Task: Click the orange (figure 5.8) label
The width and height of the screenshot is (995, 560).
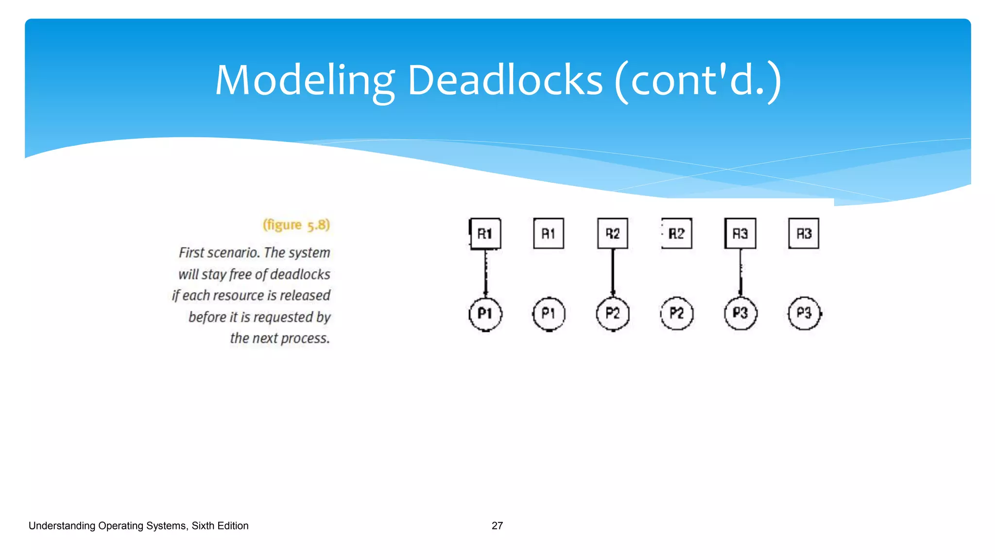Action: [296, 225]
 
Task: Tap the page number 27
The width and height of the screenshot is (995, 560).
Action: [497, 525]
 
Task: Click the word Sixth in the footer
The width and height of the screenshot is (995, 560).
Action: [203, 525]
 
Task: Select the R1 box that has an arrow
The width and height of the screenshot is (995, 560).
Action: [485, 234]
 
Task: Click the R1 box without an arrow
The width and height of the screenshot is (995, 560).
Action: [549, 234]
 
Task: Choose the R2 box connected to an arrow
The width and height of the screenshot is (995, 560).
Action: [613, 234]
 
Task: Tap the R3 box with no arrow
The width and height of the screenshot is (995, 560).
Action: [804, 234]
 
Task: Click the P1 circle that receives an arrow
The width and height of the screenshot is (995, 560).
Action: [485, 314]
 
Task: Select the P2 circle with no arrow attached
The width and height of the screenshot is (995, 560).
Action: [677, 314]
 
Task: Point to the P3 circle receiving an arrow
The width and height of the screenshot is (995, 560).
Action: [740, 314]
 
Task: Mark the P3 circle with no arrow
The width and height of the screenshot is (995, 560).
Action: [804, 314]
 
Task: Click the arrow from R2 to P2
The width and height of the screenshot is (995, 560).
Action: [613, 272]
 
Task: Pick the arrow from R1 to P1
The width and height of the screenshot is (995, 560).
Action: [485, 272]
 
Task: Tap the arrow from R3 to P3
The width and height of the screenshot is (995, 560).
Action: [740, 272]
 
